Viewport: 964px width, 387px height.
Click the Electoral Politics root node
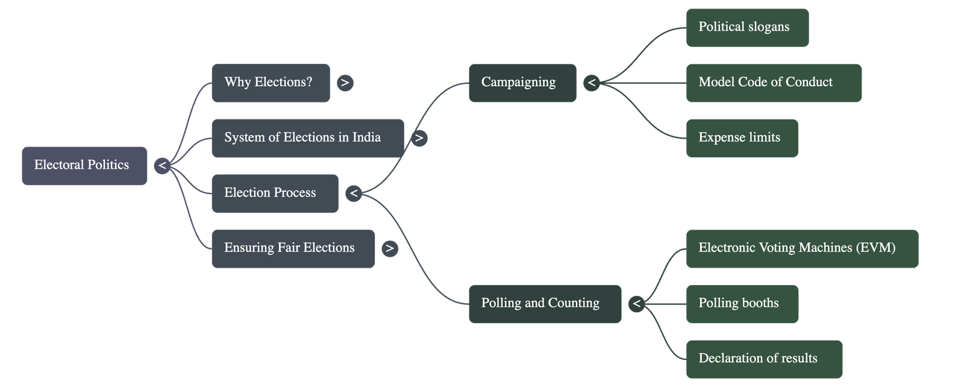pos(84,165)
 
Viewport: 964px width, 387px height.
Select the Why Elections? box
pos(271,83)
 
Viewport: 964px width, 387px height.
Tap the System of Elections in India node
pos(307,138)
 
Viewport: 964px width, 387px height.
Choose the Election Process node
pos(275,193)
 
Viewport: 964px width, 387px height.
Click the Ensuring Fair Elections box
pos(293,248)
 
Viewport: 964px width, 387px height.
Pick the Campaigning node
pos(522,83)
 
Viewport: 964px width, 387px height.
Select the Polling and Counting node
pos(545,303)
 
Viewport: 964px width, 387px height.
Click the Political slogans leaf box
pos(747,27)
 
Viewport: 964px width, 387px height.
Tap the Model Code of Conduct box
pos(774,83)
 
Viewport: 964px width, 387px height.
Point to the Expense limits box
pos(742,138)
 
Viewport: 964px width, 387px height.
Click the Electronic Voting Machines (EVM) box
pos(802,248)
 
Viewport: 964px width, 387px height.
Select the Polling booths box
pos(742,303)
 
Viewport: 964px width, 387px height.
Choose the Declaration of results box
pos(764,359)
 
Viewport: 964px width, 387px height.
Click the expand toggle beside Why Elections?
pos(345,83)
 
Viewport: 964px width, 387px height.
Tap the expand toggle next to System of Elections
pos(419,138)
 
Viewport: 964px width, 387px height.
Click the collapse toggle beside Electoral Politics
pos(162,165)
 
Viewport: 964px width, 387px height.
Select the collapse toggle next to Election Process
pos(354,193)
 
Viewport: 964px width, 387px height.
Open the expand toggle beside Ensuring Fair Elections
pos(390,248)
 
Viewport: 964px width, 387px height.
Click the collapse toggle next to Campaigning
pos(592,83)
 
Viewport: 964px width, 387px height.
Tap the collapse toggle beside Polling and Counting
pos(636,304)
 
